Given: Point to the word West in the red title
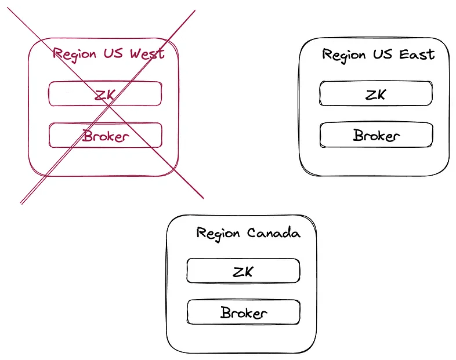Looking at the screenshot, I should coord(147,54).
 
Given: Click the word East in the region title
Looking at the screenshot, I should coord(417,54).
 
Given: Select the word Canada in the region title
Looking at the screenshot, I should coord(274,233).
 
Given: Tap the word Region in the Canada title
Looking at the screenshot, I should coord(218,233).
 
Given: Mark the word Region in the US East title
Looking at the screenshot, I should coord(344,55).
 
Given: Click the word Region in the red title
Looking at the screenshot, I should coord(74,54).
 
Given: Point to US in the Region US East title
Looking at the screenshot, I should coord(382,54).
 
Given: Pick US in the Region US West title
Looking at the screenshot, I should coord(113,54).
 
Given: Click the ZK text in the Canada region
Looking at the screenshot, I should coord(243,271).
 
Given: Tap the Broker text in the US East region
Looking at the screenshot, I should coord(377,136).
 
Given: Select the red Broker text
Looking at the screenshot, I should coord(105,136).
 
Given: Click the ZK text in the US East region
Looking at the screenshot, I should coord(375,94).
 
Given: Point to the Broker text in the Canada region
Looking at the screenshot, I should coord(244,313).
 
